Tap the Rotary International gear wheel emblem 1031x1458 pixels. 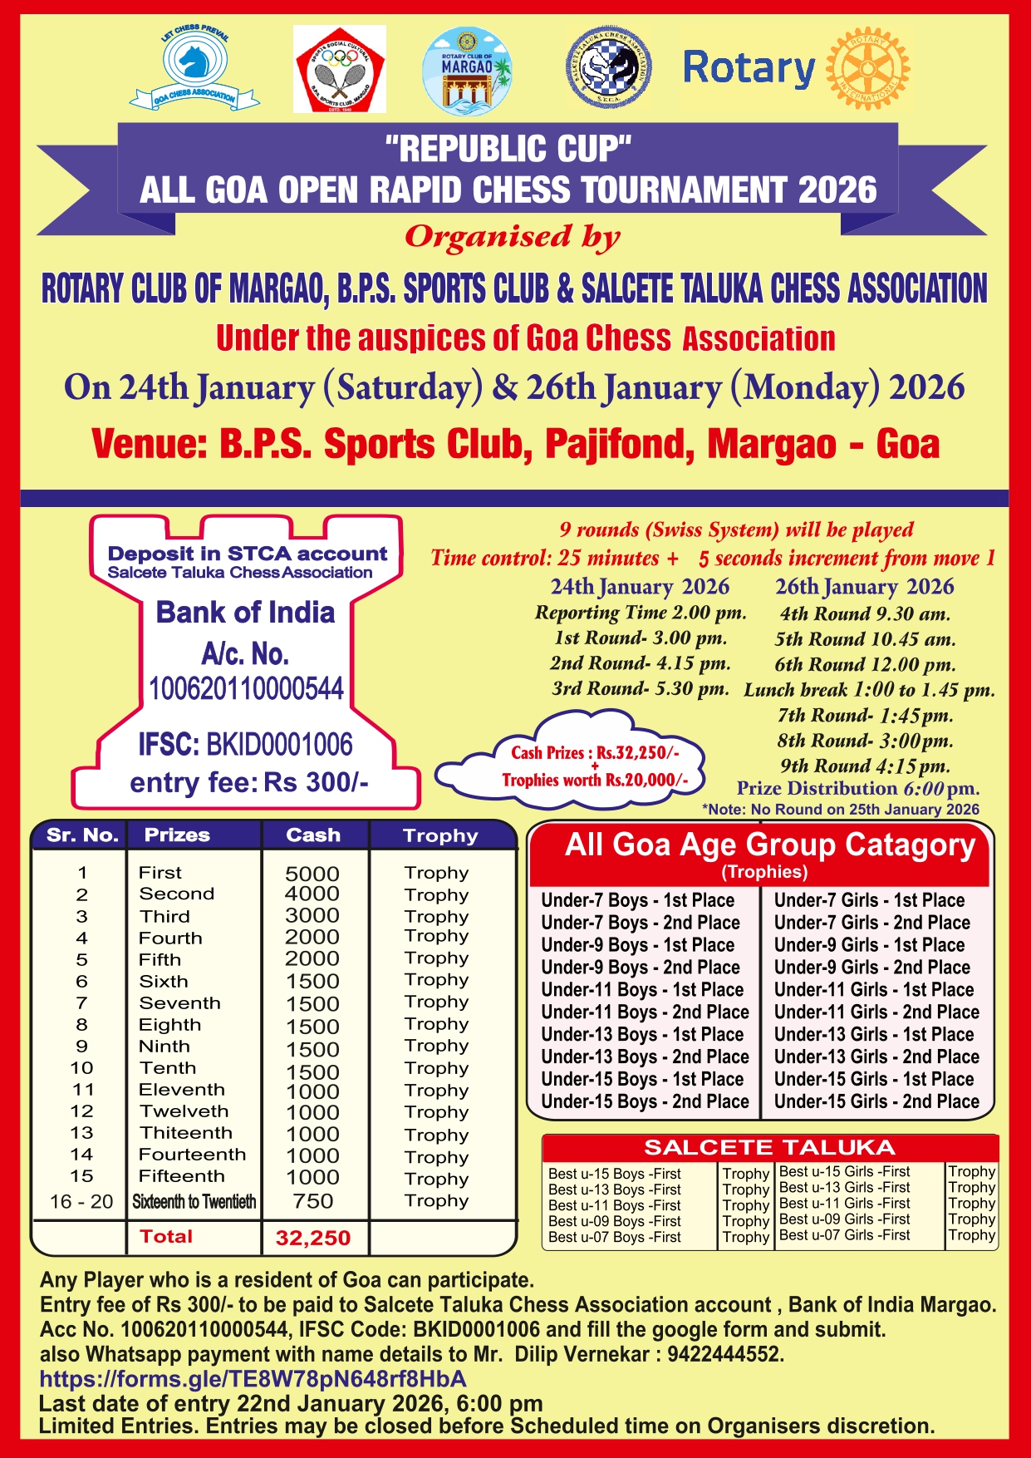click(x=868, y=68)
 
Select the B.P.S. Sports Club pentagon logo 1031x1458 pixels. click(x=340, y=69)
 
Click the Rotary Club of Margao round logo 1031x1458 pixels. click(x=467, y=71)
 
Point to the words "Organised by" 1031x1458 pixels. click(x=512, y=237)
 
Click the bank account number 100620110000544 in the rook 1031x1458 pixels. click(x=246, y=689)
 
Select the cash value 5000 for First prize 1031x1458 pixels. click(x=312, y=874)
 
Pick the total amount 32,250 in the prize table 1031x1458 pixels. click(x=313, y=1238)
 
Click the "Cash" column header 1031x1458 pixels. click(x=313, y=835)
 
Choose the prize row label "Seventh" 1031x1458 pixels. click(x=179, y=1003)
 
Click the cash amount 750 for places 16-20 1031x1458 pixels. click(x=312, y=1201)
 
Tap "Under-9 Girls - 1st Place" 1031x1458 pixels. click(x=869, y=945)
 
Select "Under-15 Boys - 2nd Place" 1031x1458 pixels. click(x=645, y=1101)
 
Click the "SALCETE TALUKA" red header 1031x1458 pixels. click(x=769, y=1148)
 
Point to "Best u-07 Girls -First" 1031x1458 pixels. click(x=844, y=1235)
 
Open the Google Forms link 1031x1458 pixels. click(x=253, y=1379)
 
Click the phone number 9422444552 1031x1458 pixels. click(x=724, y=1354)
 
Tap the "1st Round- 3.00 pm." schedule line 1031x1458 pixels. click(x=641, y=638)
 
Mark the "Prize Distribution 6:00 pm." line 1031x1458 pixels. click(x=857, y=788)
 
